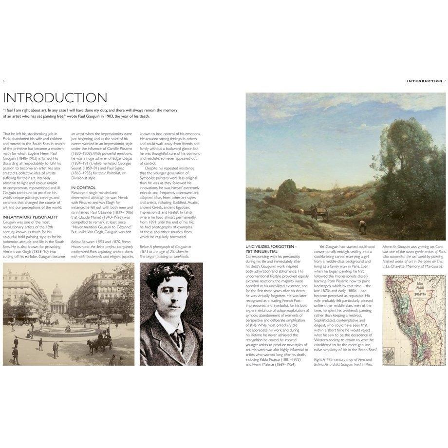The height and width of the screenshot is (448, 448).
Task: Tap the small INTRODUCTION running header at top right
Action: [425, 81]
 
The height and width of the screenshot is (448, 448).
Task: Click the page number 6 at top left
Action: [4, 81]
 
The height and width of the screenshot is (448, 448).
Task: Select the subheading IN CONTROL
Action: [83, 187]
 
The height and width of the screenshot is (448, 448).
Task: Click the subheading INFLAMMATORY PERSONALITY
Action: [30, 217]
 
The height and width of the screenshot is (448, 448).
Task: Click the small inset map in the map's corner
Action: [389, 355]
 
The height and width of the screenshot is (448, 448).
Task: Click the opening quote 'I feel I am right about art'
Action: [90, 113]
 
